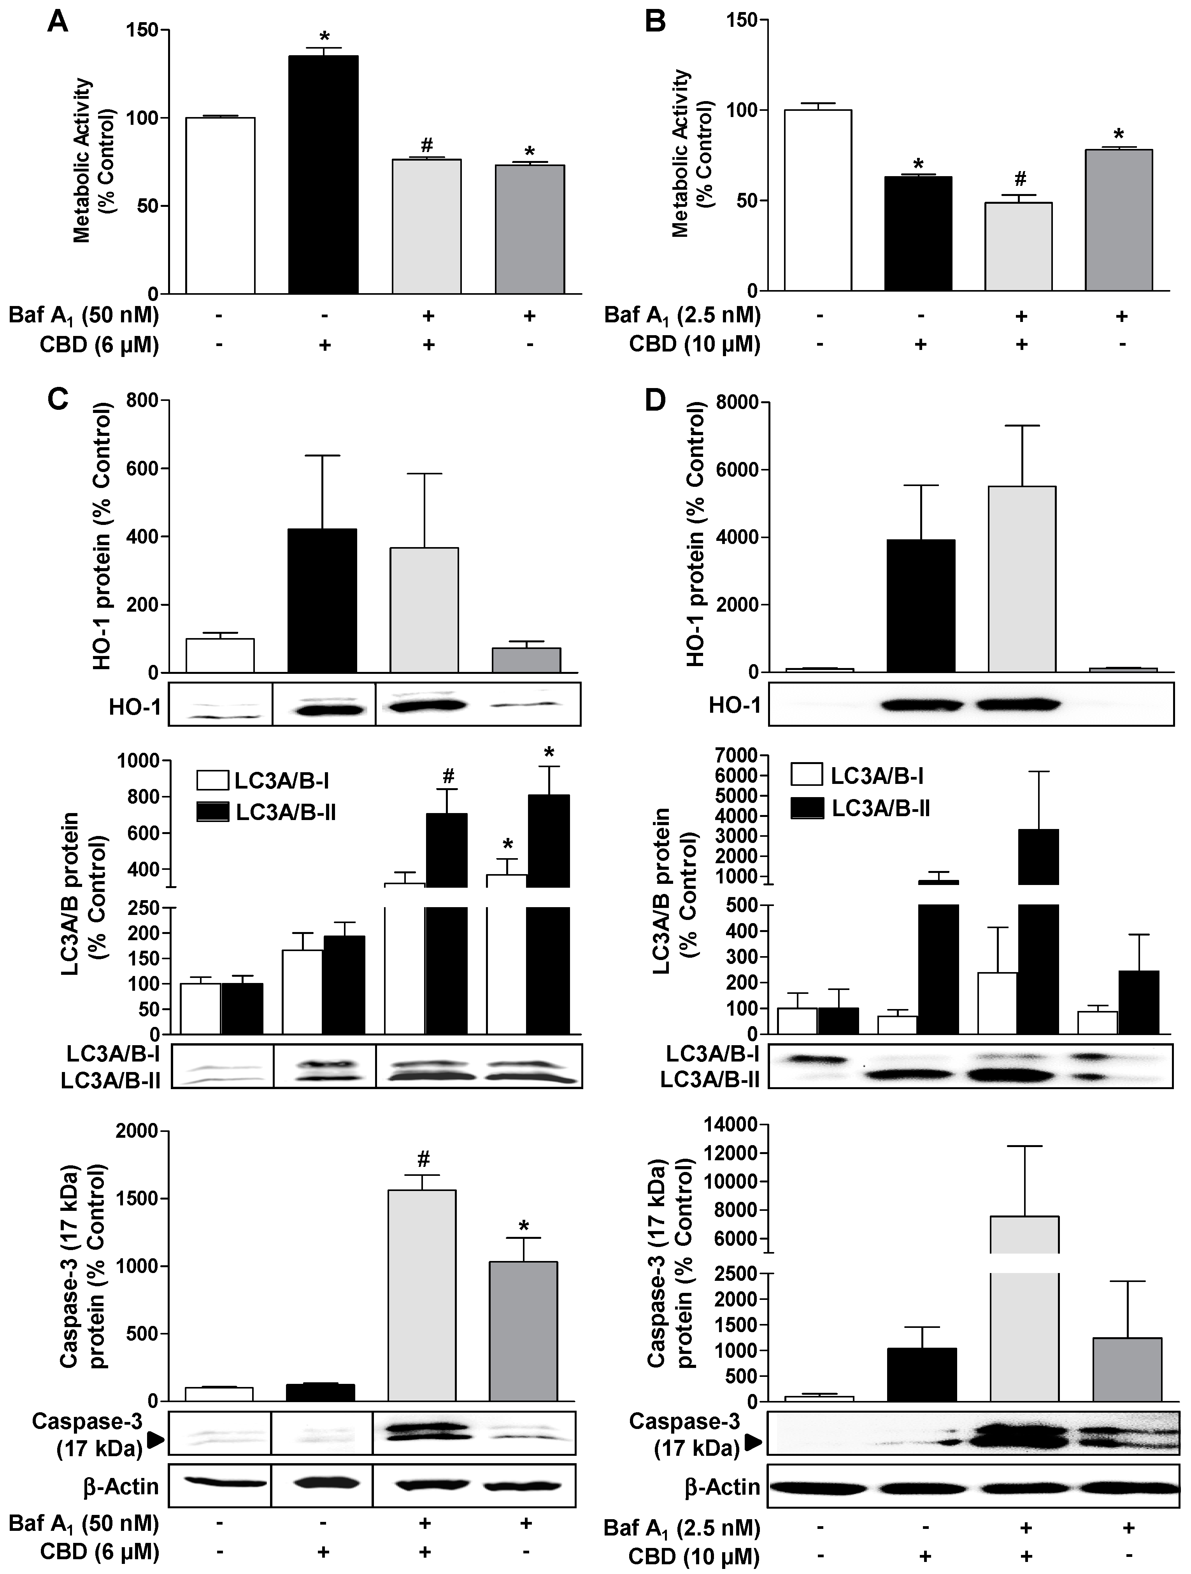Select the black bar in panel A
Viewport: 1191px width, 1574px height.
[323, 174]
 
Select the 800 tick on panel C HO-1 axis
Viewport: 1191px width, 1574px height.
[143, 400]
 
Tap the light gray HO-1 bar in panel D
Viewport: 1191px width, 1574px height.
[1022, 579]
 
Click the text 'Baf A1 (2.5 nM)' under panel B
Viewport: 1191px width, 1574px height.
[682, 315]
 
